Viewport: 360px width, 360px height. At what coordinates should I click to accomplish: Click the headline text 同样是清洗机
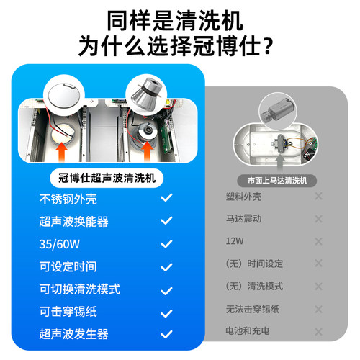(x=179, y=19)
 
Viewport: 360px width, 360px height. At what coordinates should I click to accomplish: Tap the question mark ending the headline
(x=268, y=47)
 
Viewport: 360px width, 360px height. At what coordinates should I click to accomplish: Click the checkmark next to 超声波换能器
(x=167, y=220)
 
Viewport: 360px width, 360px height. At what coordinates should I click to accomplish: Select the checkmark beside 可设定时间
(x=167, y=266)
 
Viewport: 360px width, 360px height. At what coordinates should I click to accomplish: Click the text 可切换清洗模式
(x=79, y=289)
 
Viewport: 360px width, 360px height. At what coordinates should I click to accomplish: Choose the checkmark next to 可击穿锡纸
(x=167, y=312)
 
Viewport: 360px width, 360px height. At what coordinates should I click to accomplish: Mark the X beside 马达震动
(x=318, y=219)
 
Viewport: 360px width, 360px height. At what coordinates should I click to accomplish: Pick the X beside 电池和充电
(x=318, y=333)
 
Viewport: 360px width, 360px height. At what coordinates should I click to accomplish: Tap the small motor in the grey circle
(x=276, y=111)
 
